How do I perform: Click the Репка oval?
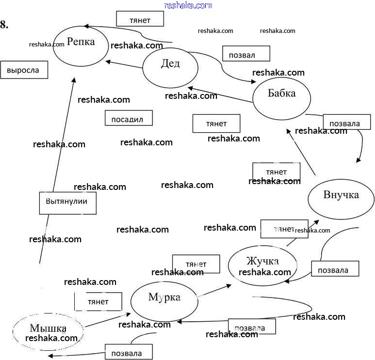[81, 46]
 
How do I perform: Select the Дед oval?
[170, 67]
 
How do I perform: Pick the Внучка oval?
[341, 198]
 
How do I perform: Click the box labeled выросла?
[24, 70]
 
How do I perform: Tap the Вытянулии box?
[67, 203]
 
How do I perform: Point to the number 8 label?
[4, 25]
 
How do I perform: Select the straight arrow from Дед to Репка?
[124, 64]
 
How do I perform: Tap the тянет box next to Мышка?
[98, 301]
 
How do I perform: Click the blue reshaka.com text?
[188, 5]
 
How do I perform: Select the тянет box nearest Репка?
[140, 19]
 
